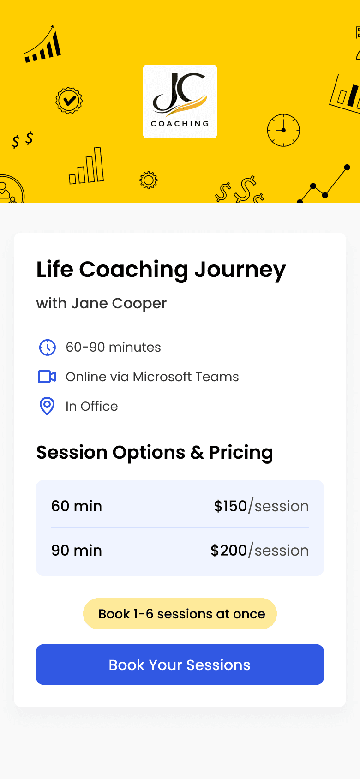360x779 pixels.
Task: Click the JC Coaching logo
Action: point(180,102)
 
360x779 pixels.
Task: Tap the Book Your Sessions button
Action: point(180,665)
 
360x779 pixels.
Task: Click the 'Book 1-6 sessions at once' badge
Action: point(180,614)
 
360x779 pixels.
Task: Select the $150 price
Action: point(230,506)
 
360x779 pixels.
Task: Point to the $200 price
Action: point(228,551)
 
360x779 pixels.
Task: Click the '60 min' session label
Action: point(77,506)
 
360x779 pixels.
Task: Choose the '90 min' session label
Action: point(77,551)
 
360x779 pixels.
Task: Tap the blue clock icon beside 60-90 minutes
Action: point(47,348)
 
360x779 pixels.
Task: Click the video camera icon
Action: point(47,377)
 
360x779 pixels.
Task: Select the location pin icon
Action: point(47,406)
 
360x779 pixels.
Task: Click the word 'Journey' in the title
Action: point(240,270)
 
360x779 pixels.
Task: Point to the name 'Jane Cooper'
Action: point(119,304)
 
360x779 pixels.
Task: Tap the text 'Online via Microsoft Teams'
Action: point(152,377)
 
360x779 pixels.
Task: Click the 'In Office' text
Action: point(92,406)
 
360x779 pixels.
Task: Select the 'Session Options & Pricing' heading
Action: point(155,453)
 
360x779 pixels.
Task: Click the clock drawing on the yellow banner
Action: point(283,130)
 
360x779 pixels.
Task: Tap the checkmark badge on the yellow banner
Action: point(69,100)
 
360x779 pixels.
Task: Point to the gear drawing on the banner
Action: point(149,180)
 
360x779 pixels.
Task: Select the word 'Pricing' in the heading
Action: point(241,453)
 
